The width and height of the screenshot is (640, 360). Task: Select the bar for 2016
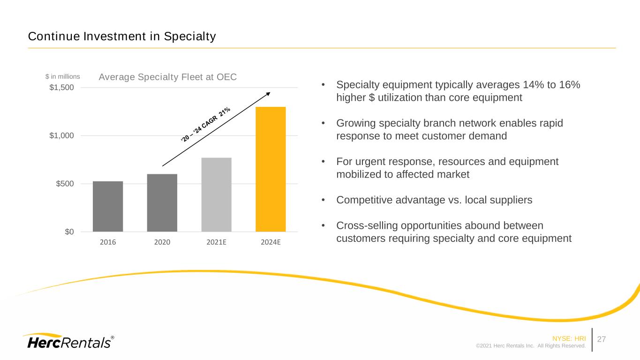pyautogui.click(x=108, y=206)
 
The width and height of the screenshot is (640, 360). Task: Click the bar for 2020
pyautogui.click(x=162, y=202)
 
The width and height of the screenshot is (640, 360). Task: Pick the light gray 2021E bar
pyautogui.click(x=216, y=195)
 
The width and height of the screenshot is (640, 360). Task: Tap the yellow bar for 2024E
pyautogui.click(x=271, y=169)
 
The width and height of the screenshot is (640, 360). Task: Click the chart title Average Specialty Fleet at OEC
pyautogui.click(x=168, y=77)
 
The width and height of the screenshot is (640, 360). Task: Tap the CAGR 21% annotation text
pyautogui.click(x=206, y=125)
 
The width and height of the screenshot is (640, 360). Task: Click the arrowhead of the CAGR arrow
pyautogui.click(x=269, y=94)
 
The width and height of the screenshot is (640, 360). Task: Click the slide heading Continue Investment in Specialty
pyautogui.click(x=122, y=36)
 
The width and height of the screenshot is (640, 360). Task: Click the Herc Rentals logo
pyautogui.click(x=68, y=341)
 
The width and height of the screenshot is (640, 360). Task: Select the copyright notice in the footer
pyautogui.click(x=531, y=346)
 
